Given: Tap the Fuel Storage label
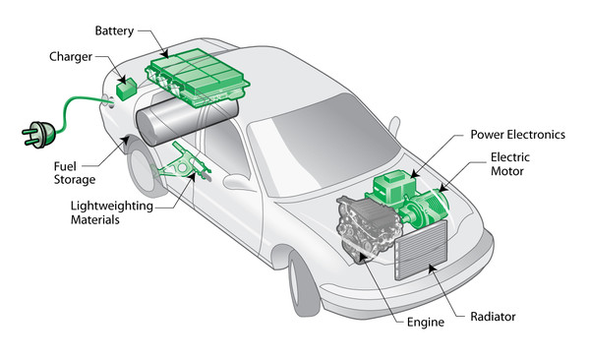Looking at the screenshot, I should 74,174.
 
